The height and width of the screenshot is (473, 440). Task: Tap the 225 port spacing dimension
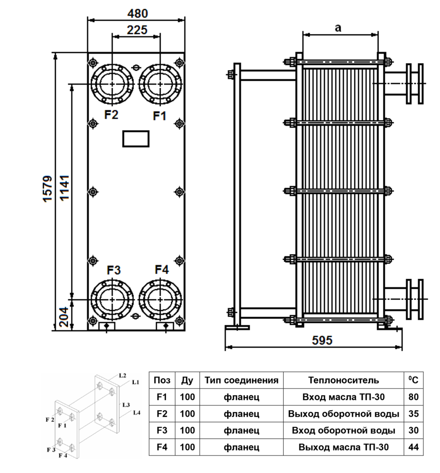coord(136,30)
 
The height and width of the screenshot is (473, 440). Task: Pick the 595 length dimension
coord(322,340)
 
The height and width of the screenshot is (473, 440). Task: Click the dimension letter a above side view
coord(338,28)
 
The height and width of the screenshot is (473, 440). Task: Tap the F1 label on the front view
coord(160,116)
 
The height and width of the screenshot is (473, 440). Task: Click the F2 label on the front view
coord(111,115)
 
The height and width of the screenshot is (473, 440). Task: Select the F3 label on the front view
coord(113,270)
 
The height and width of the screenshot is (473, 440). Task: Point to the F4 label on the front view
coord(162,270)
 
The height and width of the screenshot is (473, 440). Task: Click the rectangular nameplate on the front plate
coord(136,139)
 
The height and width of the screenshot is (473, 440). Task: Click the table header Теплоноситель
coord(344,381)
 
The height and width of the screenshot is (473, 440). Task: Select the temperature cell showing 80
coord(414,397)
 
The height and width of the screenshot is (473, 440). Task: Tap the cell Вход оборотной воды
coord(344,431)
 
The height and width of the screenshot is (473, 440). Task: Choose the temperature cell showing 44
coord(414,447)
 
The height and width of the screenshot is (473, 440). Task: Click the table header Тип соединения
coord(241,381)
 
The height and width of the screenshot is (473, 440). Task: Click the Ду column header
coord(187,381)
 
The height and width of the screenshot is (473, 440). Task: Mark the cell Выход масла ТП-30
coord(344,447)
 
